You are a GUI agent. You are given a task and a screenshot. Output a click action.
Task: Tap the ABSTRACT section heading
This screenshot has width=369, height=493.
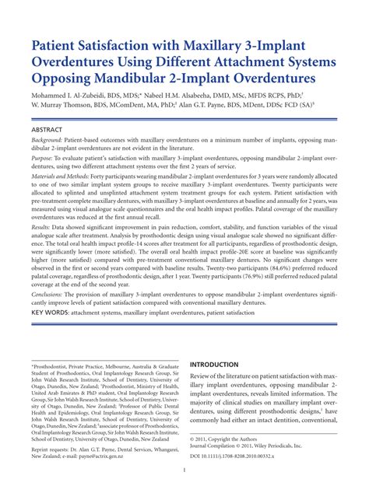[50, 129]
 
